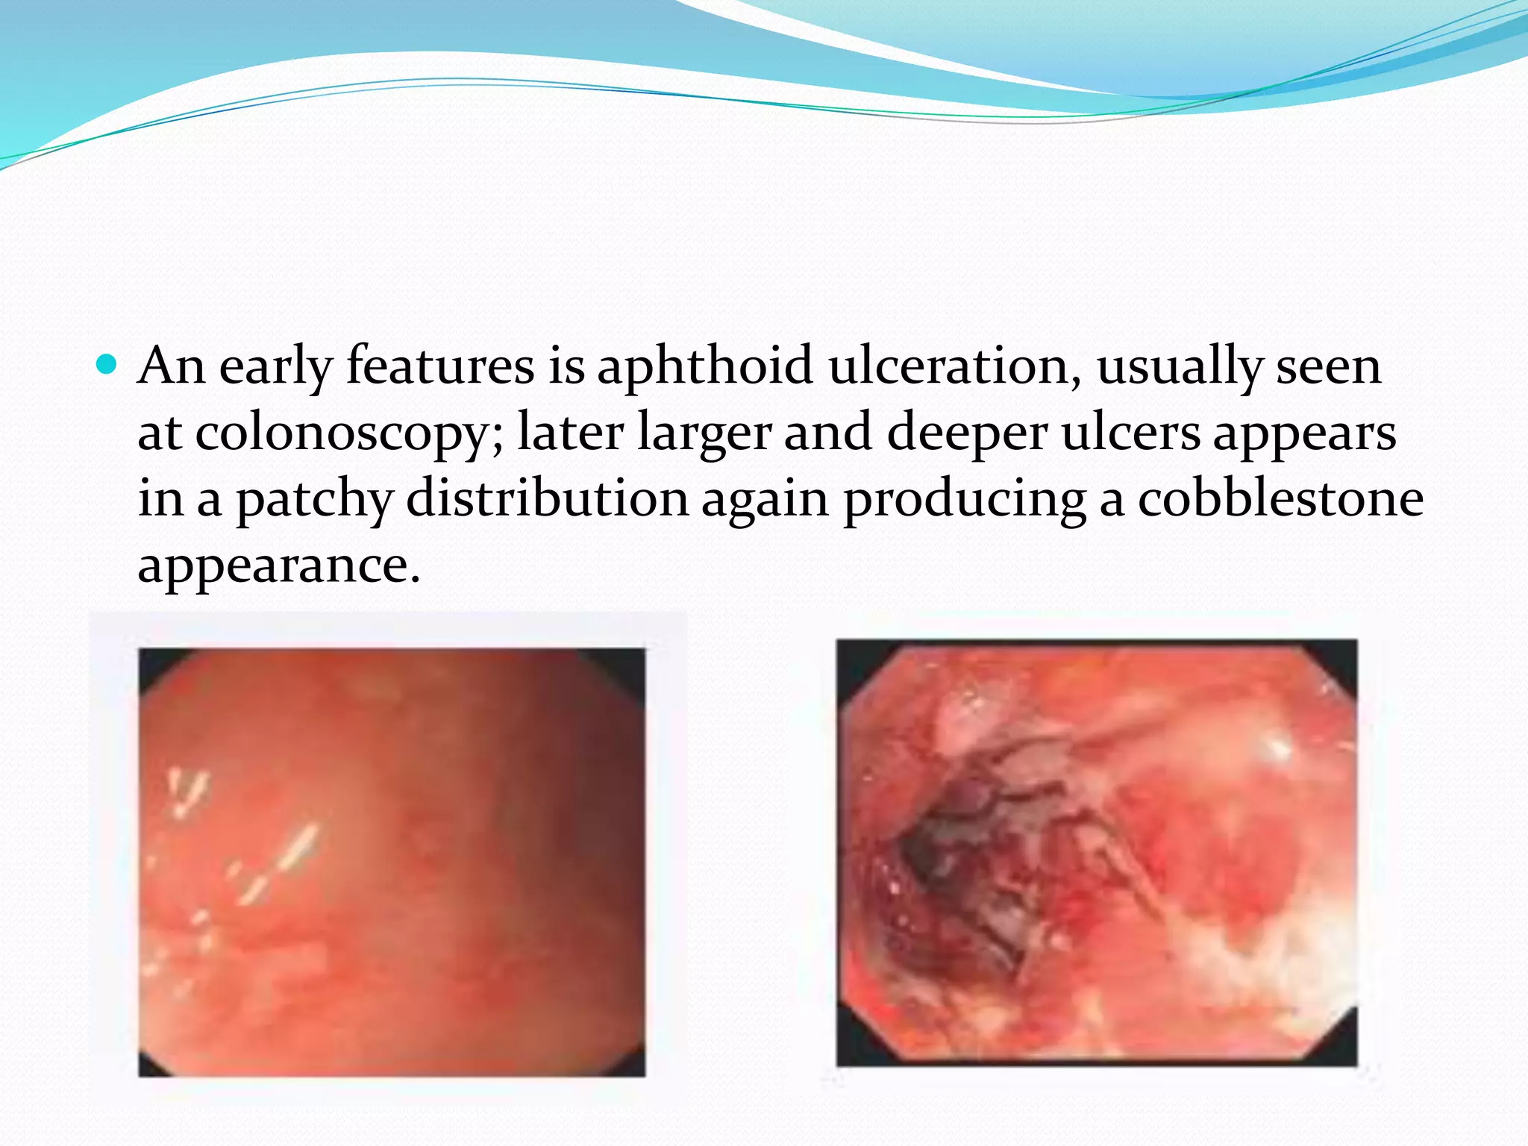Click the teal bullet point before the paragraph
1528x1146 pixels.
tap(107, 366)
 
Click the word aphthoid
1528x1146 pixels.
tap(704, 367)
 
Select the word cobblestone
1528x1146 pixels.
tap(1280, 498)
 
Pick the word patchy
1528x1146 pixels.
tap(314, 500)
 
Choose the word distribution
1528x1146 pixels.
tap(547, 498)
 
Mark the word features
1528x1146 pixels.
tap(440, 367)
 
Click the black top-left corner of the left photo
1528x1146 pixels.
tap(154, 664)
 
